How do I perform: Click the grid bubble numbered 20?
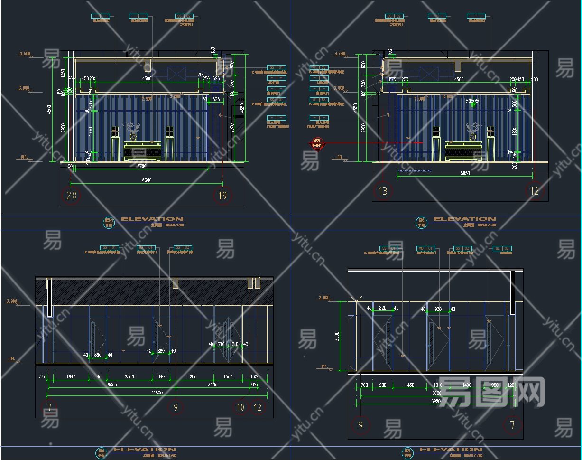pyautogui.click(x=72, y=196)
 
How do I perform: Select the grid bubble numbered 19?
pyautogui.click(x=222, y=196)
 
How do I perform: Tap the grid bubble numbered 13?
pyautogui.click(x=383, y=191)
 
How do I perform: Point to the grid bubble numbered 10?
pyautogui.click(x=241, y=407)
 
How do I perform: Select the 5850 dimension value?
pyautogui.click(x=465, y=174)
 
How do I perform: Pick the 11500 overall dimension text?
pyautogui.click(x=157, y=393)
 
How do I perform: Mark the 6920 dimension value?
pyautogui.click(x=436, y=401)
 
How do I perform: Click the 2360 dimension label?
pyautogui.click(x=129, y=377)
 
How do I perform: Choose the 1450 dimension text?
pyautogui.click(x=409, y=385)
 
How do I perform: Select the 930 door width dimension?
pyautogui.click(x=438, y=310)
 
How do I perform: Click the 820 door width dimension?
pyautogui.click(x=383, y=308)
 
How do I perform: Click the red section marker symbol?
pyautogui.click(x=316, y=142)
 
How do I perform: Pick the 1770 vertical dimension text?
pyautogui.click(x=91, y=131)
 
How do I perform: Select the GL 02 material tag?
pyautogui.click(x=503, y=248)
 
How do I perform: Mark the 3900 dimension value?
pyautogui.click(x=213, y=385)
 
